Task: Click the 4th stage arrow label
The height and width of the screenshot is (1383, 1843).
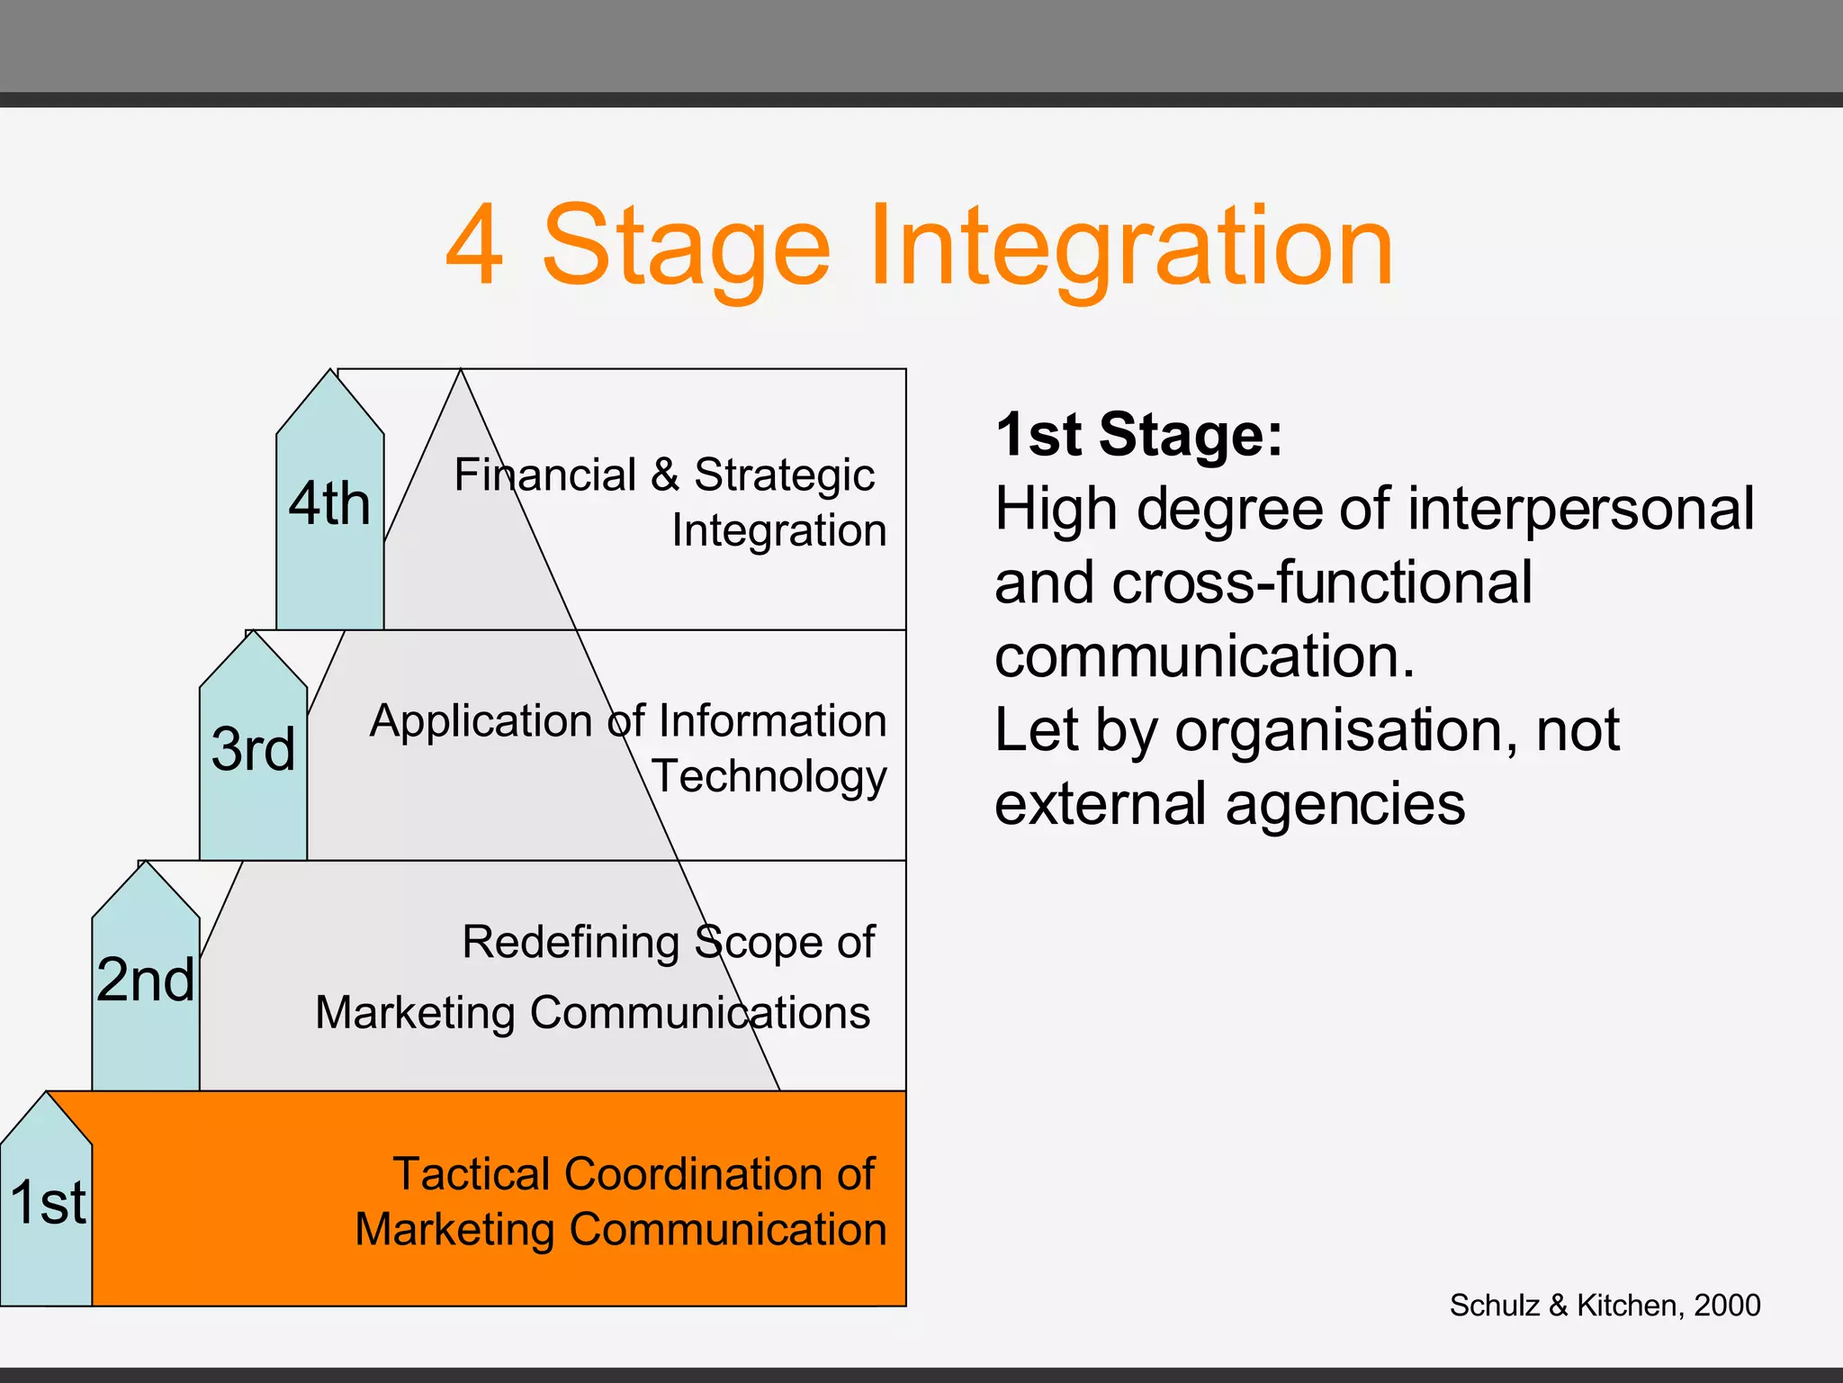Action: (329, 504)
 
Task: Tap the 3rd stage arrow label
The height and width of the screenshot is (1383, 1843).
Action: (253, 750)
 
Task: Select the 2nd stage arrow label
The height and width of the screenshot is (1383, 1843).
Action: (145, 981)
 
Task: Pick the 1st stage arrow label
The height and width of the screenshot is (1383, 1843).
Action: (48, 1203)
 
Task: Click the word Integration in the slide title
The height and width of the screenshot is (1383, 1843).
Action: (1130, 247)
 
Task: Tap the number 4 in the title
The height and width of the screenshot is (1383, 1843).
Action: (474, 247)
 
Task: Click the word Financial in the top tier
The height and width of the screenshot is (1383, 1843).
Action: (544, 475)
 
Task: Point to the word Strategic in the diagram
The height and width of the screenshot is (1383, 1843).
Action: (784, 475)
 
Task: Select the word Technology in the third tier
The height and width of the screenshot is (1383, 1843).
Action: (769, 777)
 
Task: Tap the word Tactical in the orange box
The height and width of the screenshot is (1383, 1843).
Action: (472, 1174)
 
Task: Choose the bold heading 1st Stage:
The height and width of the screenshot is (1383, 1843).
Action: (1138, 436)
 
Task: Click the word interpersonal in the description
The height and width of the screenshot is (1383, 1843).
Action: (1580, 510)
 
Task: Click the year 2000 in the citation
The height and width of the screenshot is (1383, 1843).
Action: (1727, 1306)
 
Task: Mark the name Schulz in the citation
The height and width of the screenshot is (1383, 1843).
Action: (1494, 1306)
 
